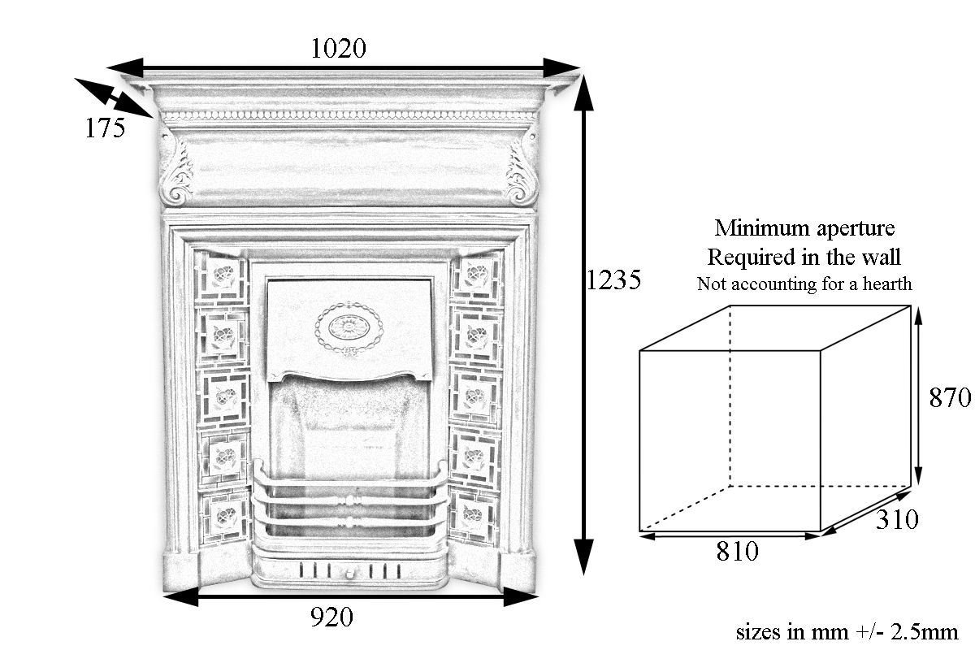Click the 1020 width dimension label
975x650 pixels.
pos(338,48)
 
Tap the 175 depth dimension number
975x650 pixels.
pos(105,128)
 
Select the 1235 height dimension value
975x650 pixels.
pos(613,279)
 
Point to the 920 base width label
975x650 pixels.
pos(331,617)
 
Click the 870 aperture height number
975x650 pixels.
pos(950,397)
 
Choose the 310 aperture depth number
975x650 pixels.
pos(897,519)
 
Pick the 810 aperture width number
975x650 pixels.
pos(738,551)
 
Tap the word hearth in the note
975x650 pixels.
pos(887,284)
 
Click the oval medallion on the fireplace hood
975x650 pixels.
pos(349,327)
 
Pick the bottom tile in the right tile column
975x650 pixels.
pos(473,516)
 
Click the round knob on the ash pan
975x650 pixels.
pos(349,574)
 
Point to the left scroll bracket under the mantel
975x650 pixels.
pos(176,167)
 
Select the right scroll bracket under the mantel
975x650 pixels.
pos(521,167)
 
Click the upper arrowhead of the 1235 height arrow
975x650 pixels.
pos(583,93)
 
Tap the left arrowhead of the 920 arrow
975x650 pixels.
pos(180,596)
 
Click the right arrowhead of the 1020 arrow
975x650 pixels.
pos(561,68)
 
